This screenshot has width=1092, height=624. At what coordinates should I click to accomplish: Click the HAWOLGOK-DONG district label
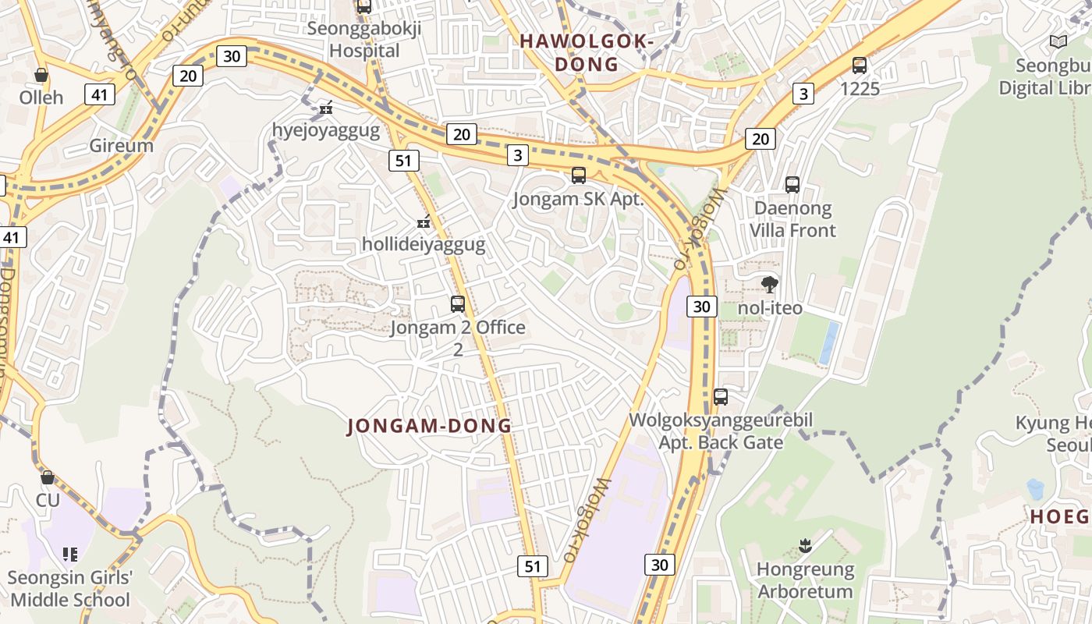tap(586, 52)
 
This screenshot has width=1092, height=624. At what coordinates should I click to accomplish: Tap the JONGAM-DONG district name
tap(429, 426)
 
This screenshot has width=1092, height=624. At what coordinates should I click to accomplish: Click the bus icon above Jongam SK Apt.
tap(578, 175)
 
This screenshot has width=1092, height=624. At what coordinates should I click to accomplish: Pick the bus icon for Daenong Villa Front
tap(792, 185)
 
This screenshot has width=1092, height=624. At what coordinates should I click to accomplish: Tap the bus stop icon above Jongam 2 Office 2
tap(458, 304)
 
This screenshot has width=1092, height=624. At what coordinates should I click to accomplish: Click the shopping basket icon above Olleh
tap(41, 75)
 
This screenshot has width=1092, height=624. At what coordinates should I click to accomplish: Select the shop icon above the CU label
tap(48, 477)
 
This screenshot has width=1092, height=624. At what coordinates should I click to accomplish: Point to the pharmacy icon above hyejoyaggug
tap(326, 108)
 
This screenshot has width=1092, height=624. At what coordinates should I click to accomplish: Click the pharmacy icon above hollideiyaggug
tap(424, 222)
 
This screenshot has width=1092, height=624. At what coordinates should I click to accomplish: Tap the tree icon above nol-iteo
tap(770, 285)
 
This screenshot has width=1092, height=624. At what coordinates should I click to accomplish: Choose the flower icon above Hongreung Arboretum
tap(806, 546)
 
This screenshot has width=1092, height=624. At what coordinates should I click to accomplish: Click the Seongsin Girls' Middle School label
tap(70, 589)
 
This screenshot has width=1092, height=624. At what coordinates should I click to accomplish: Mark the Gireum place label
tap(121, 146)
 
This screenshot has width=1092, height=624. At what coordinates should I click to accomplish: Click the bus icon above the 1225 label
tap(860, 66)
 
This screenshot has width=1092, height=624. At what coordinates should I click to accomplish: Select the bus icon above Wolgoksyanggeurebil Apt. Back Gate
tap(721, 397)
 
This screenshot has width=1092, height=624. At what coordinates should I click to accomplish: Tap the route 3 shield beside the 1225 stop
tap(803, 94)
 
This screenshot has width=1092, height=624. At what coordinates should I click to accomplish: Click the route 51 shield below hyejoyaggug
tap(403, 161)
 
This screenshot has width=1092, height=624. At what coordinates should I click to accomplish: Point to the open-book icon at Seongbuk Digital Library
tap(1058, 42)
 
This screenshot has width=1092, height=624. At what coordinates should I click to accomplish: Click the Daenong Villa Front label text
tap(792, 219)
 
